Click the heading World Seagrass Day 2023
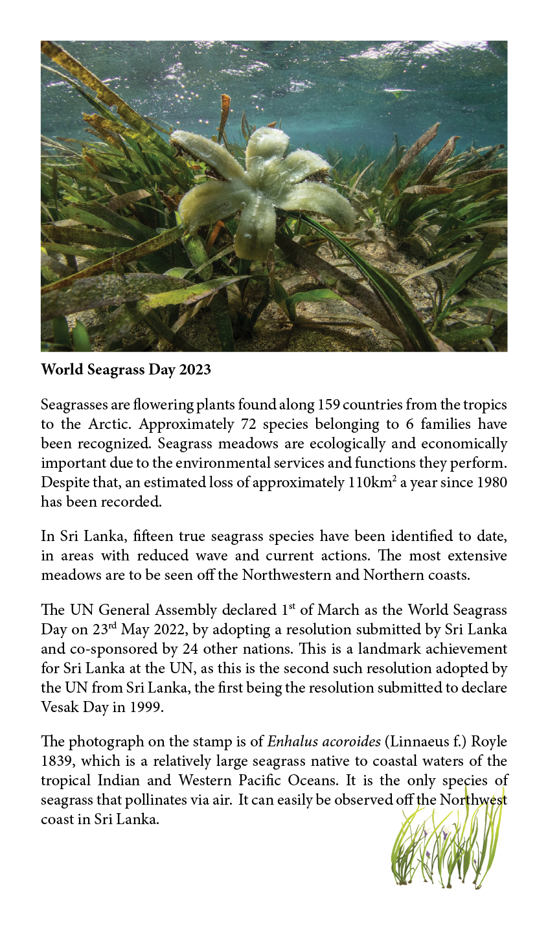click(126, 370)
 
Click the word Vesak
click(59, 707)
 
